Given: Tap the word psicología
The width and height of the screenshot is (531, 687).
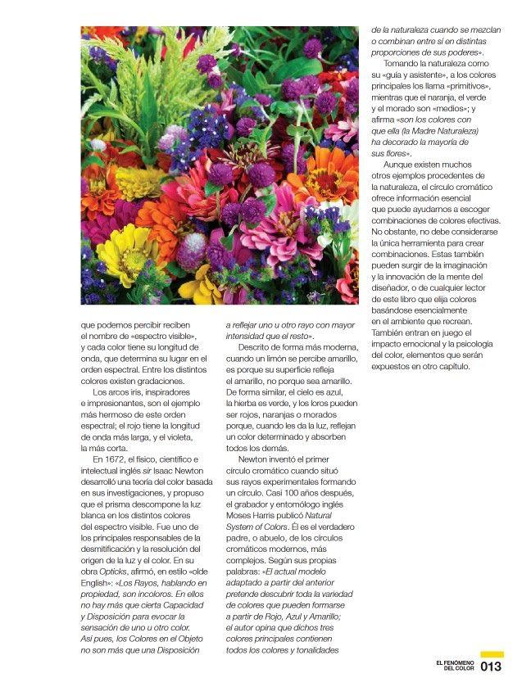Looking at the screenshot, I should click(x=476, y=343).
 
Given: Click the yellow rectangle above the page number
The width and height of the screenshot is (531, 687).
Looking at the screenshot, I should click(x=492, y=654).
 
